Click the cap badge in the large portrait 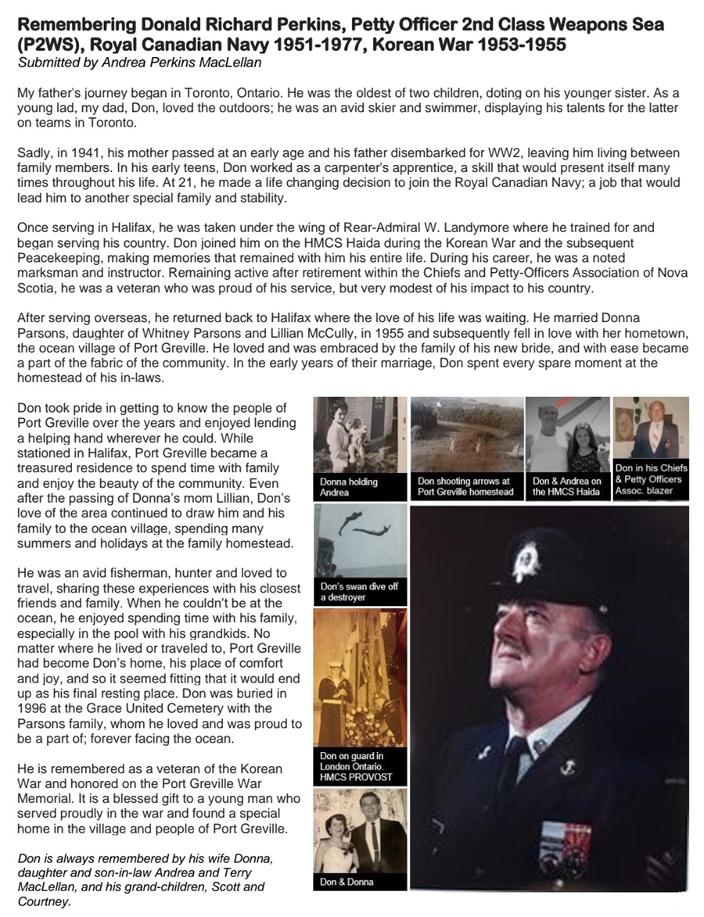click(527, 562)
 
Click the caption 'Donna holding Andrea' click(349, 488)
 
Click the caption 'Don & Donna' click(347, 882)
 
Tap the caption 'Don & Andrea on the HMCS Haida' click(567, 486)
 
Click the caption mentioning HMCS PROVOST click(356, 767)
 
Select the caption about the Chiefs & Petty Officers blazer click(650, 480)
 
